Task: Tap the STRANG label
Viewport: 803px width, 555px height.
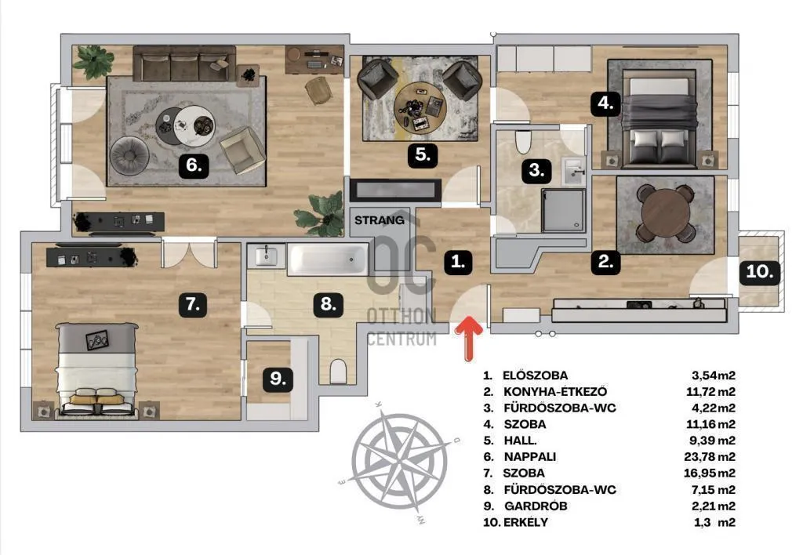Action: (380, 220)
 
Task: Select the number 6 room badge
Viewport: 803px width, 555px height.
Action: (194, 165)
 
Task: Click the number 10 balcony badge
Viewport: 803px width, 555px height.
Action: (759, 271)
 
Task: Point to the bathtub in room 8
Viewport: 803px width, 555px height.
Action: (328, 259)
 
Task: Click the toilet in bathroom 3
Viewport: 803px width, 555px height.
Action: (523, 142)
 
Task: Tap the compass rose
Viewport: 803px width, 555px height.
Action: (398, 461)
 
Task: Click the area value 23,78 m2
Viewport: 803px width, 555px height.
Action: (710, 457)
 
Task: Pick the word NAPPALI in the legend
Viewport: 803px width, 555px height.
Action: (530, 457)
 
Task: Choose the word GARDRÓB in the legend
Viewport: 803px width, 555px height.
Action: (536, 506)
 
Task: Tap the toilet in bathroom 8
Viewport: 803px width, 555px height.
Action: (339, 371)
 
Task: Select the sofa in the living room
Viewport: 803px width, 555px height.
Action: (184, 64)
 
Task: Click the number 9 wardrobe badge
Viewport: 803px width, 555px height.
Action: (278, 379)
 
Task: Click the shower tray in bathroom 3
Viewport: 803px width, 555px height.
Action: (563, 210)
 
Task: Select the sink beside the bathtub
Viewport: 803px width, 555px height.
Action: (267, 256)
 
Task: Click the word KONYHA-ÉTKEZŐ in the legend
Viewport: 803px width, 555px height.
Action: (556, 392)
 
